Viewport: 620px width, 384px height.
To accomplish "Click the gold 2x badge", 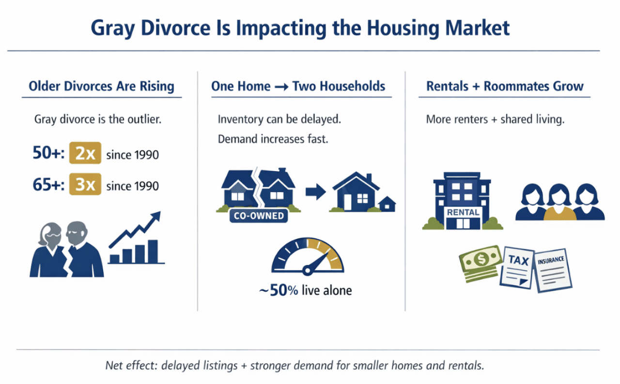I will [85, 154].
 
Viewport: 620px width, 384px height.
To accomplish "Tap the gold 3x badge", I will [85, 185].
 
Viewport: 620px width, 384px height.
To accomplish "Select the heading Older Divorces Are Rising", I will [101, 87].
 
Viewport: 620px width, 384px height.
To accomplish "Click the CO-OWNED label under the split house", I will [259, 216].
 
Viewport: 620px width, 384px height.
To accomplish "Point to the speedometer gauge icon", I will [308, 256].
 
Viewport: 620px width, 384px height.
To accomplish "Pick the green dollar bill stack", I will [479, 264].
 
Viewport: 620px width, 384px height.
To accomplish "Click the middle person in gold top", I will [560, 203].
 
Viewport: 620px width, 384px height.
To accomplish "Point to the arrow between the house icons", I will [316, 192].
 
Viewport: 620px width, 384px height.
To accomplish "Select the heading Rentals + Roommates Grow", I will [505, 87].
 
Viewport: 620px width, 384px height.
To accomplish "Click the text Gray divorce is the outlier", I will [98, 119].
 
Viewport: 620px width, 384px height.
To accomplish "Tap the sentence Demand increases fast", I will [273, 139].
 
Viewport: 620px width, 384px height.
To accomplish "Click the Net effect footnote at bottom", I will [294, 366].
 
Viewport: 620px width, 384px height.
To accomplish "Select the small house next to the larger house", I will [387, 204].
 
